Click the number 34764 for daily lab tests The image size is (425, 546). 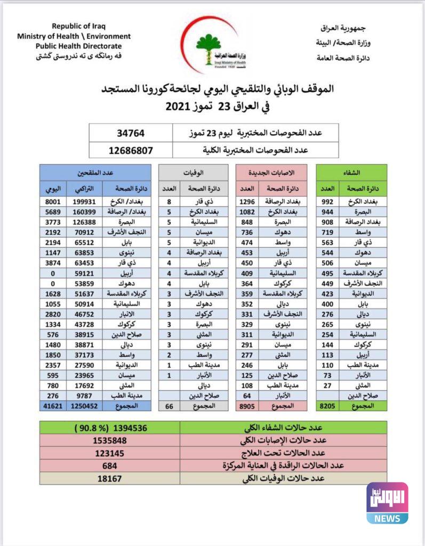(x=131, y=133)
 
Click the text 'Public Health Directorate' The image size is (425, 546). (x=74, y=45)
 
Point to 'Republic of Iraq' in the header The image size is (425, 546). (x=74, y=26)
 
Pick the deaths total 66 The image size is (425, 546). (x=169, y=406)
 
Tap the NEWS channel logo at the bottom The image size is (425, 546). (x=387, y=503)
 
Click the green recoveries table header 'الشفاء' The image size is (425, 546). (x=352, y=172)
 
